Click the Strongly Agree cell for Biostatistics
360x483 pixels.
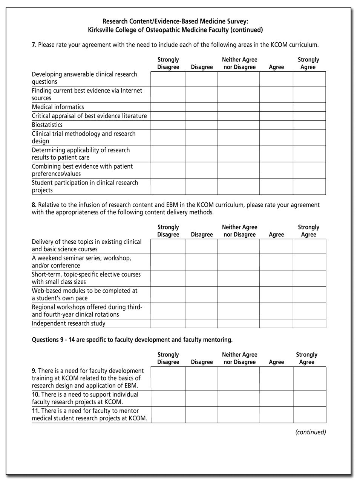click(x=309, y=125)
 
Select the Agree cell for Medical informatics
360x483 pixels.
click(x=276, y=107)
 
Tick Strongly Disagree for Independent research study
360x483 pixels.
click(x=168, y=324)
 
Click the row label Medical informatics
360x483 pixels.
click(x=58, y=107)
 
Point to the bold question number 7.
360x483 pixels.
click(x=34, y=45)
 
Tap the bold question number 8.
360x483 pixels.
click(x=34, y=205)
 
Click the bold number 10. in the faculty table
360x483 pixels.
click(x=36, y=395)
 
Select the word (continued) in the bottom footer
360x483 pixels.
click(x=310, y=432)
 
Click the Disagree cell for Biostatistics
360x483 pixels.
click(x=201, y=125)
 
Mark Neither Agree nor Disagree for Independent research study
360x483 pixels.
click(x=238, y=324)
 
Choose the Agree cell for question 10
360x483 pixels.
click(x=276, y=398)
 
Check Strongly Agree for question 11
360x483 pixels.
click(x=309, y=415)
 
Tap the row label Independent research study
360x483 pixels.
click(x=69, y=324)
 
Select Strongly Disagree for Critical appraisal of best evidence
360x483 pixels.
click(x=168, y=116)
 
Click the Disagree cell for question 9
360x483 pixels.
click(x=201, y=378)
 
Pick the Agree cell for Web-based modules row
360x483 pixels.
click(x=276, y=295)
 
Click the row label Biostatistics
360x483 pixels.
click(x=47, y=125)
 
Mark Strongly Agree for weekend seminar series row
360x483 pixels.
click(x=309, y=262)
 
